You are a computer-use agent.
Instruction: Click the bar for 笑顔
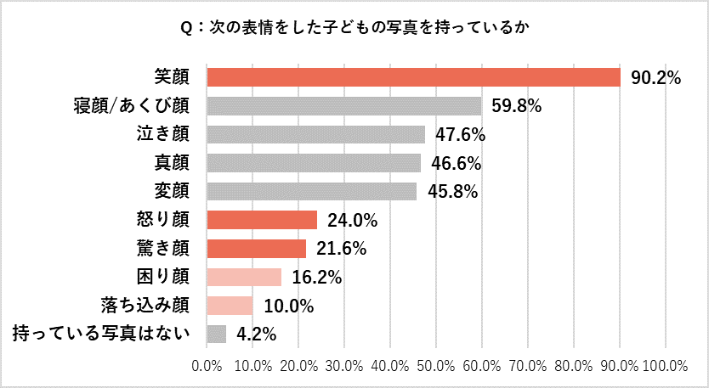[x=413, y=77]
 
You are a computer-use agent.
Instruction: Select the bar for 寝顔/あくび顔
[x=343, y=106]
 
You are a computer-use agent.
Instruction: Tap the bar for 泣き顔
[x=315, y=134]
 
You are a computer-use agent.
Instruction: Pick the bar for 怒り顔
[x=262, y=220]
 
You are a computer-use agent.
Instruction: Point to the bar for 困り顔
[x=244, y=277]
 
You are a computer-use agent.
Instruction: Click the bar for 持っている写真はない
[x=216, y=334]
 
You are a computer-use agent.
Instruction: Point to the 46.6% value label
[x=457, y=163]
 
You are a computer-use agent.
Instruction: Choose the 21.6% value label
[x=341, y=249]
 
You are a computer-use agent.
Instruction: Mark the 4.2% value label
[x=256, y=335]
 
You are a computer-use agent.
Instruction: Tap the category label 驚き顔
[x=163, y=249]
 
